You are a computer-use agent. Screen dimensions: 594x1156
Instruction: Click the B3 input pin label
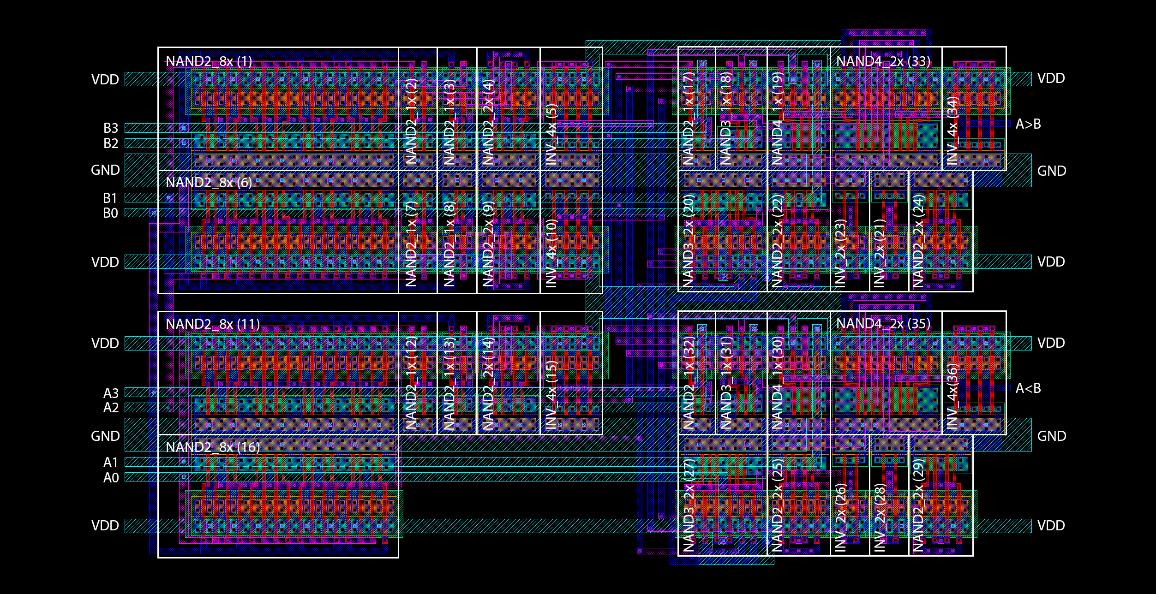click(x=110, y=128)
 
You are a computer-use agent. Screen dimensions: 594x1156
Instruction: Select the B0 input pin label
click(x=110, y=213)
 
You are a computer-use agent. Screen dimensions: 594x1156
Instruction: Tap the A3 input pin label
click(x=111, y=393)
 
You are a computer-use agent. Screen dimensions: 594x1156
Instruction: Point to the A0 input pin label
click(x=111, y=478)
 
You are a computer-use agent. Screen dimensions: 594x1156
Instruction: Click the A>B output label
click(x=1028, y=124)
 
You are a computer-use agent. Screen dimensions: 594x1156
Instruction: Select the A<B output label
click(x=1028, y=388)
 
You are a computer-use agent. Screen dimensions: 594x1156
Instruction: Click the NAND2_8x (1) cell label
click(x=209, y=61)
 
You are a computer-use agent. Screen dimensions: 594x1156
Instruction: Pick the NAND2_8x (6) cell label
click(x=209, y=183)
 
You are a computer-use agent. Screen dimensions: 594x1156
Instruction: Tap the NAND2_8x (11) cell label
click(x=212, y=324)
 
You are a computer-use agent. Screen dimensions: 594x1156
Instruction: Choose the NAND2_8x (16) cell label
click(x=212, y=447)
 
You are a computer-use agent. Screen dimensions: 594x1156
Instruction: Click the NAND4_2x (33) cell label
click(x=883, y=61)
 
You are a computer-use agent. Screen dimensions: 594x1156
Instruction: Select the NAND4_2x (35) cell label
click(x=883, y=324)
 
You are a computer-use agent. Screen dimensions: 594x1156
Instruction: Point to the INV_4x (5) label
click(x=551, y=134)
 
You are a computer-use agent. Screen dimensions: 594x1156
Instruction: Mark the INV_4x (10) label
click(x=551, y=253)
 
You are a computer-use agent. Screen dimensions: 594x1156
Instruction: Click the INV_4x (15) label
click(x=551, y=395)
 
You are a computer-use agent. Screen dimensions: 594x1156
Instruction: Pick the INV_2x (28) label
click(x=880, y=517)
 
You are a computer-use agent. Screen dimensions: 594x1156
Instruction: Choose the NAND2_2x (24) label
click(x=918, y=241)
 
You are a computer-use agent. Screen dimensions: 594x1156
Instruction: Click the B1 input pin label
click(x=110, y=198)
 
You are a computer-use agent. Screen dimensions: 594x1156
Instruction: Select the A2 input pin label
click(x=111, y=408)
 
